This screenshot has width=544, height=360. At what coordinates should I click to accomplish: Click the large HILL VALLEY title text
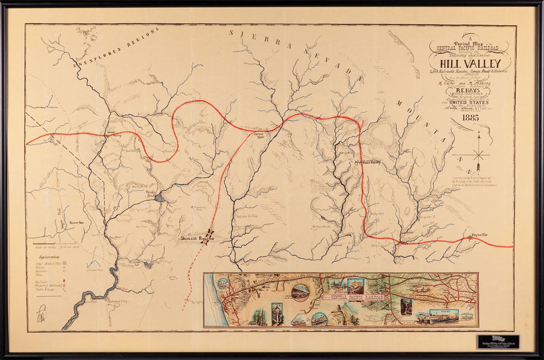pyautogui.click(x=471, y=61)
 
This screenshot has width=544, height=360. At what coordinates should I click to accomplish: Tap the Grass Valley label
pyautogui.click(x=110, y=134)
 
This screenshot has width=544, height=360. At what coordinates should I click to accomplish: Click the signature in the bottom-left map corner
pyautogui.click(x=42, y=314)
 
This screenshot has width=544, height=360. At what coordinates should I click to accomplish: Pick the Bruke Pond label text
pyautogui.click(x=151, y=193)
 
